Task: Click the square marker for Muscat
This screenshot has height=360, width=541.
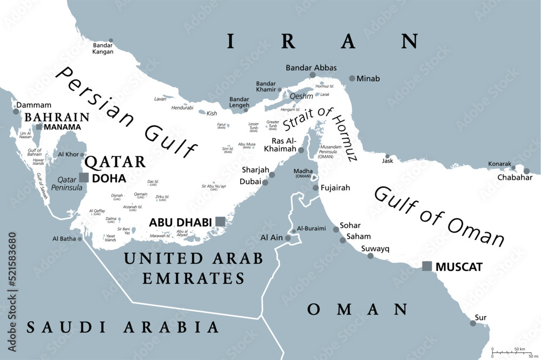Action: [x=427, y=265]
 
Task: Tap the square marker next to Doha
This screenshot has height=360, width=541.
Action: [x=84, y=177]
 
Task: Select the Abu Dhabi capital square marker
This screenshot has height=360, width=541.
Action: [x=220, y=221]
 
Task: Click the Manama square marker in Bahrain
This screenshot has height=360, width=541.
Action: [x=39, y=127]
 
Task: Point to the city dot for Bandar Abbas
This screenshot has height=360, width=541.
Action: [x=312, y=75]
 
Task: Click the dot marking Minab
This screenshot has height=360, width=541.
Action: [x=352, y=78]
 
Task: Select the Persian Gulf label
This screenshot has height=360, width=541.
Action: [x=127, y=114]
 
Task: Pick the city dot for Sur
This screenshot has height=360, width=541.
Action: [x=473, y=323]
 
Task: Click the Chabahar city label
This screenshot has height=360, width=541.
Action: [x=514, y=177]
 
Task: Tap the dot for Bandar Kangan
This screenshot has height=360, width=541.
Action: [x=111, y=41]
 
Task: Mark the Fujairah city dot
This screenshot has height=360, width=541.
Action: [x=316, y=188]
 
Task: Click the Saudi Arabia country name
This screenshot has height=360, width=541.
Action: [x=123, y=326]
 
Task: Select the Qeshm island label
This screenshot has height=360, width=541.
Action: [x=301, y=95]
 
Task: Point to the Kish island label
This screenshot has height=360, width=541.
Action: [x=212, y=114]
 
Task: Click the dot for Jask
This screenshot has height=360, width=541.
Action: [x=387, y=157]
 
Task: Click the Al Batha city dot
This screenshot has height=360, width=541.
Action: [x=80, y=238]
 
